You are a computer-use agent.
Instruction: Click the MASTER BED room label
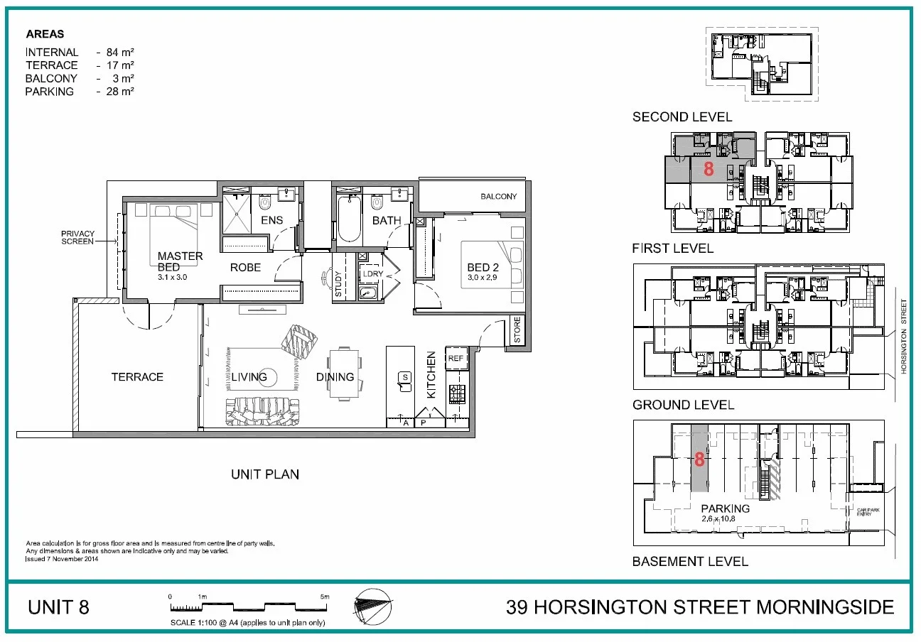180,261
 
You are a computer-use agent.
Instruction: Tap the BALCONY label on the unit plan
498,197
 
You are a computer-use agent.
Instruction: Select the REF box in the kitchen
456,359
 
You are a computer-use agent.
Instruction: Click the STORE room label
517,331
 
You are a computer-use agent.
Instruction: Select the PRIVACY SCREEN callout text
77,238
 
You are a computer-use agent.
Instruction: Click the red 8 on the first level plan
708,169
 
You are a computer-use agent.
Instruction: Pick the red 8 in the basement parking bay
699,459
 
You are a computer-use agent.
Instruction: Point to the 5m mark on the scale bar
325,597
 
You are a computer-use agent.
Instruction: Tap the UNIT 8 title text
58,608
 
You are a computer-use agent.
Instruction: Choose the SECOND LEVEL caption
682,117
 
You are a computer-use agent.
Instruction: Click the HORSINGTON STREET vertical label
904,337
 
